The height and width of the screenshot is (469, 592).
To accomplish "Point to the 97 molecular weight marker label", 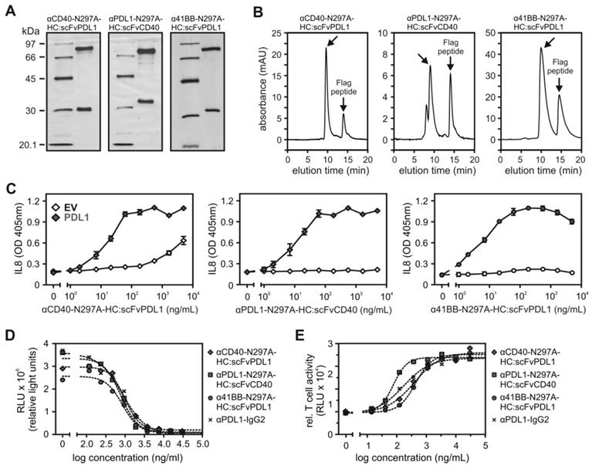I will (29, 46).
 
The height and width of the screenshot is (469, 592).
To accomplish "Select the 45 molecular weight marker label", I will (29, 79).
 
